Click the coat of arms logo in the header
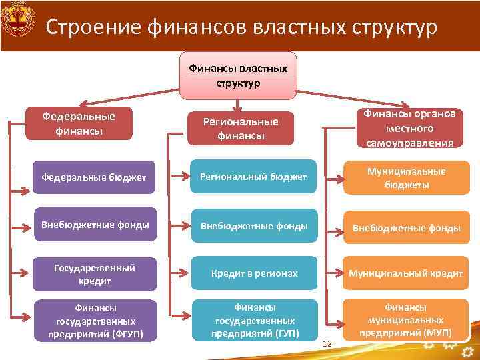[18, 25]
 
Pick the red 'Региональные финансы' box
[240, 128]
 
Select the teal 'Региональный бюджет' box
[254, 177]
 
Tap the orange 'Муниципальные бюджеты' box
[405, 177]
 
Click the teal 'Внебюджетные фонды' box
[254, 226]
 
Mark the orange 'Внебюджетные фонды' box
[405, 227]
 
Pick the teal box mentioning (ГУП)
[254, 320]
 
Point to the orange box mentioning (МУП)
[405, 319]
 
